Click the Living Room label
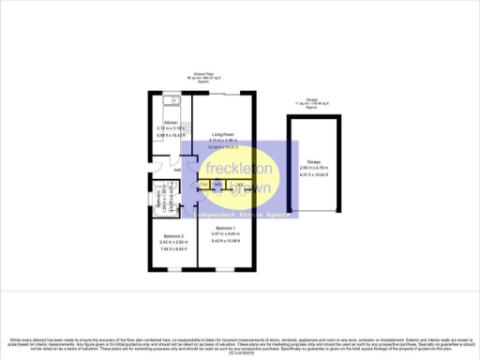pyautogui.click(x=221, y=134)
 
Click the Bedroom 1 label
pyautogui.click(x=223, y=228)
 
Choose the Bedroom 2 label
pyautogui.click(x=171, y=234)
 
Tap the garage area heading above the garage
pyautogui.click(x=314, y=104)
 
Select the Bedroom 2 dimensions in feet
pyautogui.click(x=171, y=248)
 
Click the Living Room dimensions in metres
pyautogui.click(x=221, y=141)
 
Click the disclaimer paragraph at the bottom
pyautogui.click(x=240, y=342)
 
